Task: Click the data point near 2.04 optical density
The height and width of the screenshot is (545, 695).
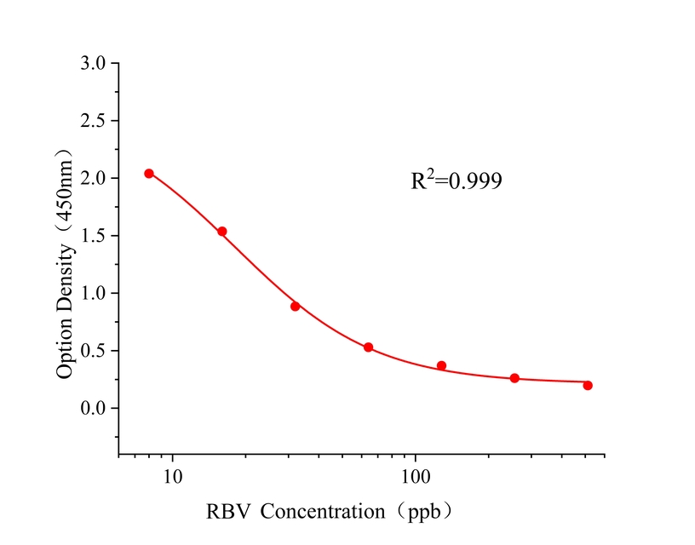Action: pyautogui.click(x=149, y=174)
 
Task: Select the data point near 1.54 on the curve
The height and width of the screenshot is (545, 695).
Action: pyautogui.click(x=222, y=232)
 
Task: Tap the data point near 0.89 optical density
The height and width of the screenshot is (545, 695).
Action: pyautogui.click(x=296, y=307)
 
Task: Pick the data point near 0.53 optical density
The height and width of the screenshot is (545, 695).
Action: pyautogui.click(x=368, y=347)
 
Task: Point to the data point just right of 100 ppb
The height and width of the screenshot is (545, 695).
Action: pyautogui.click(x=441, y=366)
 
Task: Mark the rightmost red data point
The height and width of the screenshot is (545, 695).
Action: pyautogui.click(x=588, y=386)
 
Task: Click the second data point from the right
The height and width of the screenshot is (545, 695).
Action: pyautogui.click(x=514, y=378)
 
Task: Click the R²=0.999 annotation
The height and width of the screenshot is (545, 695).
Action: pyautogui.click(x=457, y=181)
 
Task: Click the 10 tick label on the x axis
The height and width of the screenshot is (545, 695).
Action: pyautogui.click(x=173, y=475)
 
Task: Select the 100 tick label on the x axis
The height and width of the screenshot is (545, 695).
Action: pyautogui.click(x=416, y=475)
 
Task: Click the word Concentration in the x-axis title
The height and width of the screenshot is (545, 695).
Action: pyautogui.click(x=323, y=513)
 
